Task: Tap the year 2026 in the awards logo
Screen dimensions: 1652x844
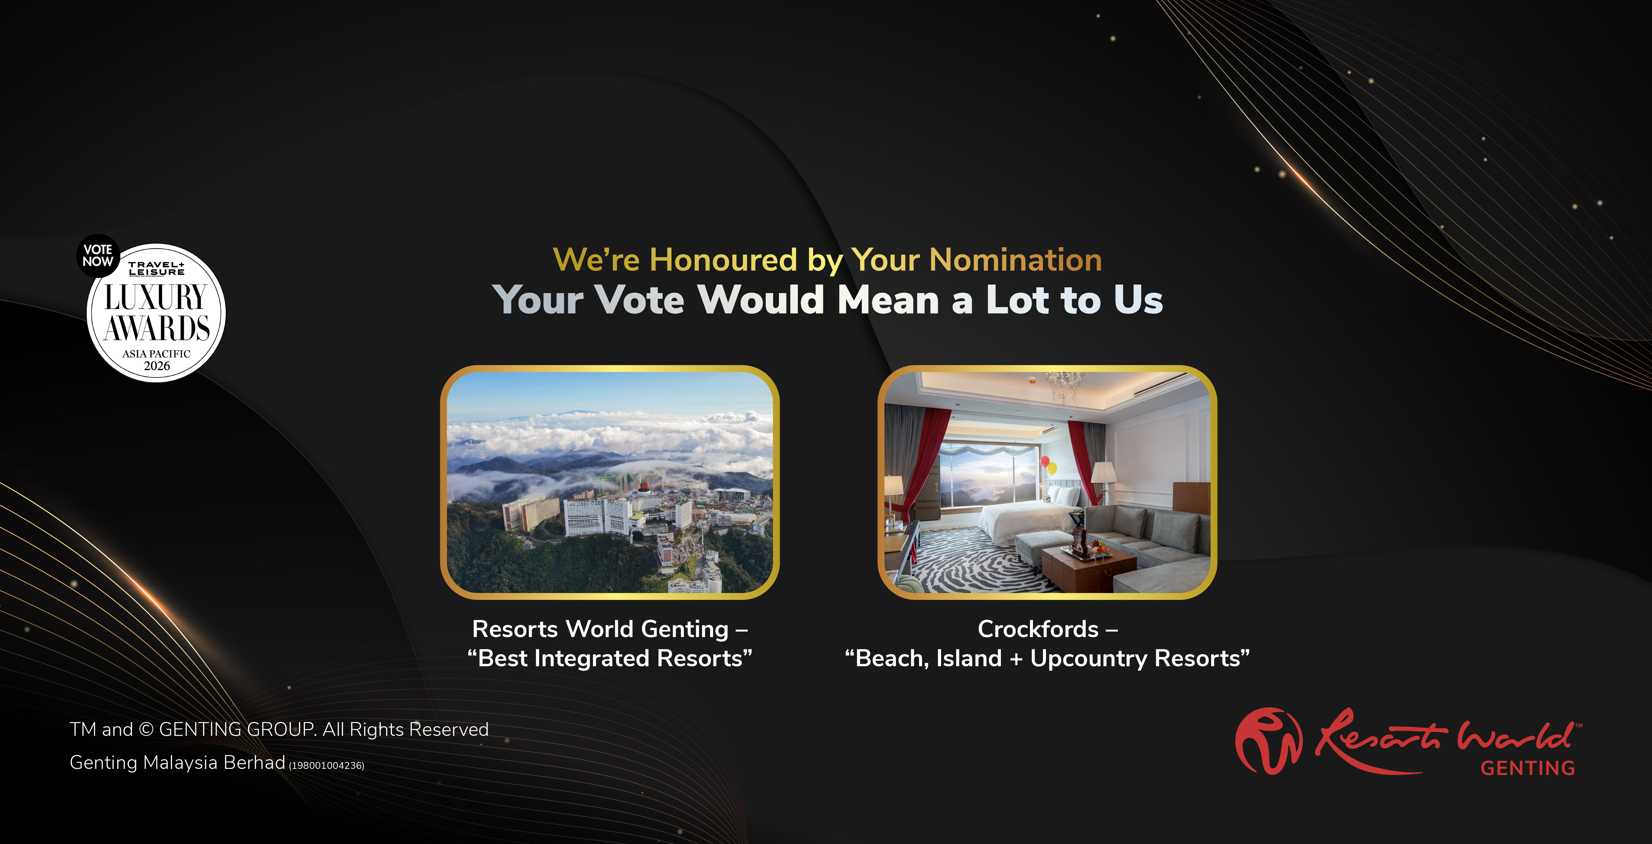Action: tap(156, 366)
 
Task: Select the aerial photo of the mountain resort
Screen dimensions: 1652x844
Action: tap(610, 483)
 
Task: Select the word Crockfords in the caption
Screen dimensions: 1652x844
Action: tap(1038, 629)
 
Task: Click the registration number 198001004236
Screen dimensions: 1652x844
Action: tap(327, 766)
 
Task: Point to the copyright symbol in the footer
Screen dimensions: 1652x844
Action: tap(146, 730)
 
